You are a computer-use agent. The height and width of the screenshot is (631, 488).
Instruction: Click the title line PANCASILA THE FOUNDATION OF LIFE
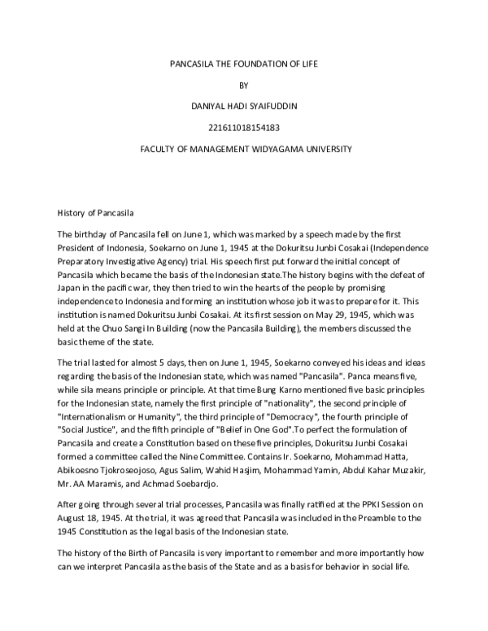coord(244,63)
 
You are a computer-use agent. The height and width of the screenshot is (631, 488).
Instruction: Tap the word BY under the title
coord(244,84)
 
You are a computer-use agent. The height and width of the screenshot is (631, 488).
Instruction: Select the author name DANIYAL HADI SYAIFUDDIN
coord(244,106)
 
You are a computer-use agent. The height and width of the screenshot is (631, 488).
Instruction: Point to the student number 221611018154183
coord(244,128)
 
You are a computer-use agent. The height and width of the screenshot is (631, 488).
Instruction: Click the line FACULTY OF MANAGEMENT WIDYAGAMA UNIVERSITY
coord(244,149)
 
